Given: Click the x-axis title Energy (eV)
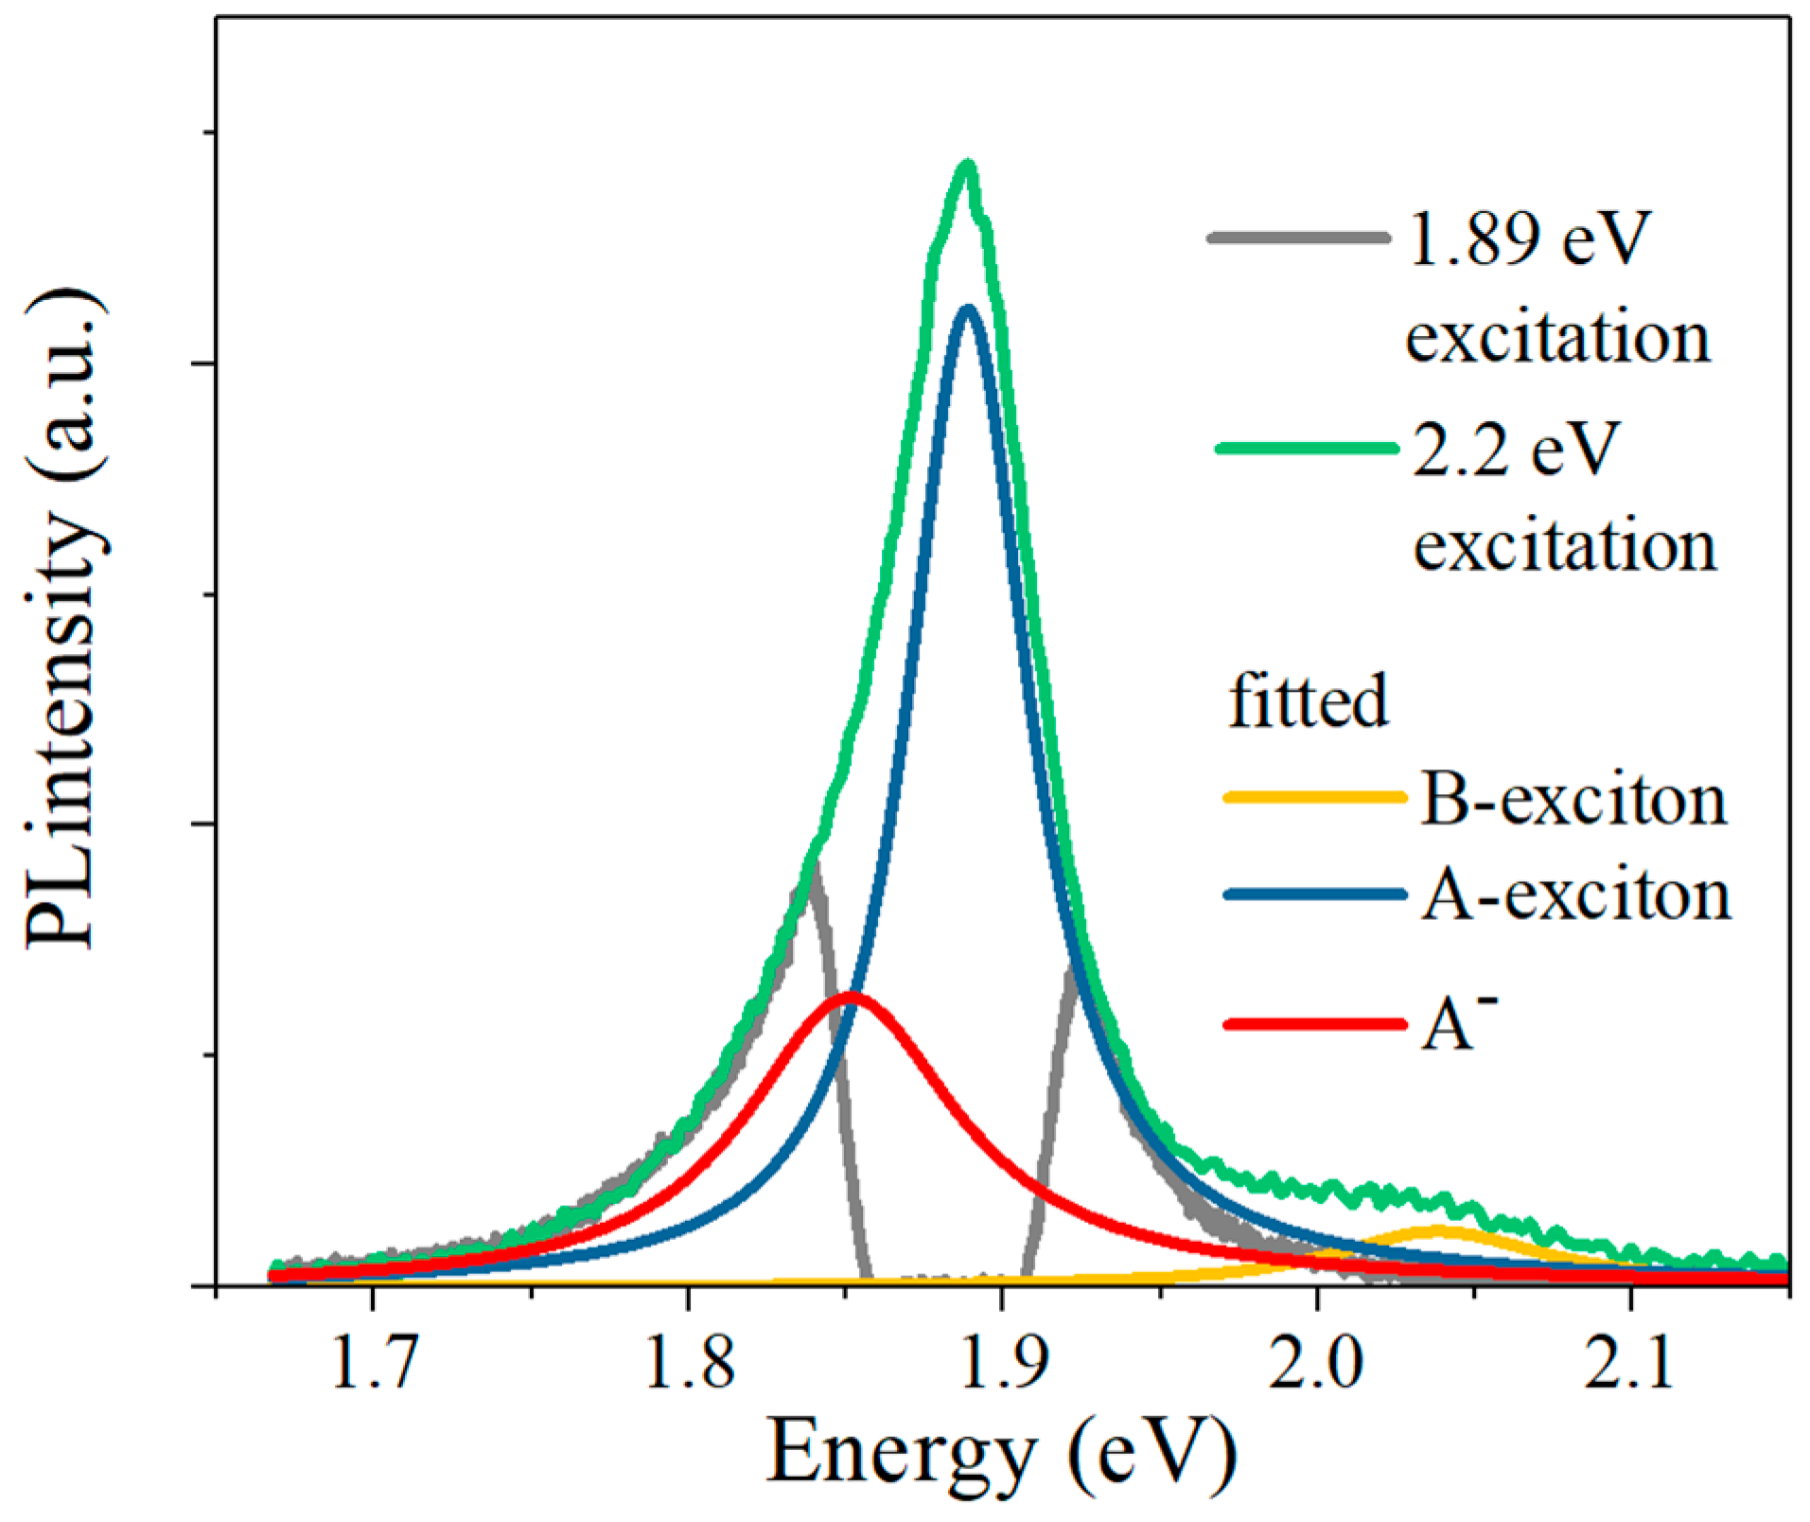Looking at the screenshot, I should tap(1001, 1453).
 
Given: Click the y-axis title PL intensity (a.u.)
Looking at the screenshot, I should tap(64, 620).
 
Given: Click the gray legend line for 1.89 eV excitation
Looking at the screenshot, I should tap(1299, 238).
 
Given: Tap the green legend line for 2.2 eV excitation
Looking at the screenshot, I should tap(1306, 449).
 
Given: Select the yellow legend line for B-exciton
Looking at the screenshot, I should tap(1315, 797).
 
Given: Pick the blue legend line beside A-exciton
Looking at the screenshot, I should tap(1315, 894).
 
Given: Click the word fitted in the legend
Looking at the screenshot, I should tap(1309, 701).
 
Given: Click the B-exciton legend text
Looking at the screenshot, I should tap(1573, 800).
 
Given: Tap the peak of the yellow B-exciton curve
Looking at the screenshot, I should tap(1437, 1230).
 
